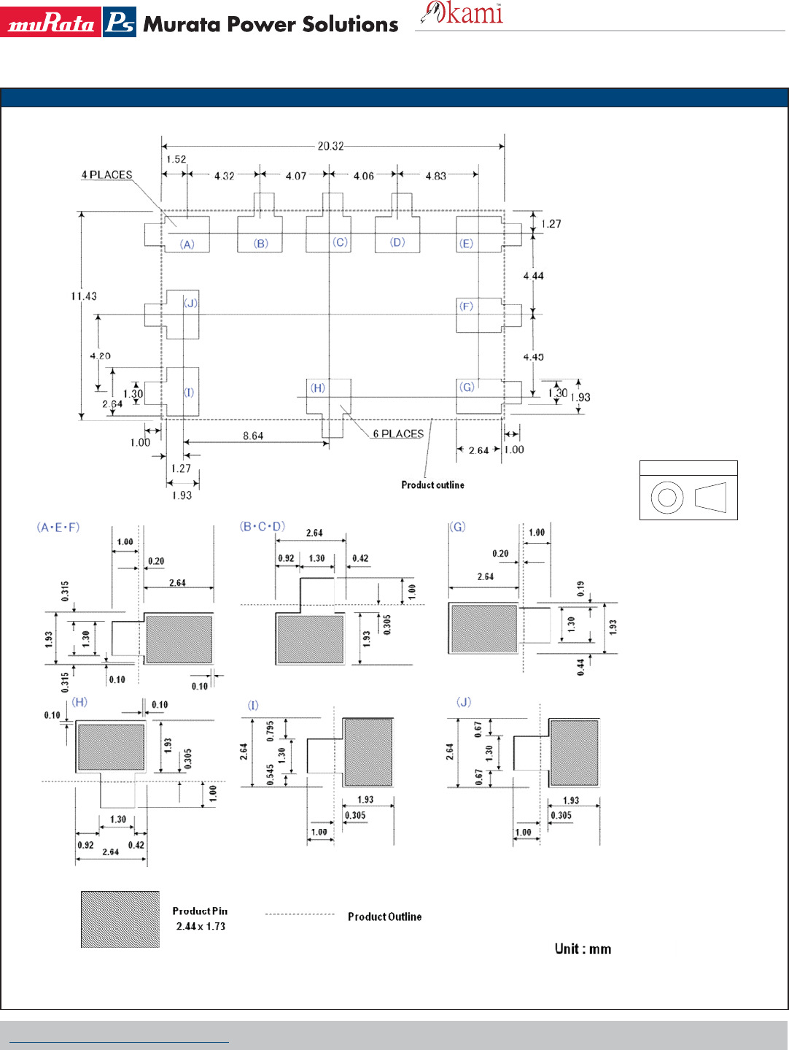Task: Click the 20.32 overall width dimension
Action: coord(330,146)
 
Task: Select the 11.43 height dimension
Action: coord(84,296)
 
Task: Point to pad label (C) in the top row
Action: coord(340,242)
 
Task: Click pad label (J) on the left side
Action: coord(190,303)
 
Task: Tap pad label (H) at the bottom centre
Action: coord(318,388)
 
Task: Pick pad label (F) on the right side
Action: coord(466,306)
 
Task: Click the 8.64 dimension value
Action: coord(253,436)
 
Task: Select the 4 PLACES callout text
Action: coord(106,174)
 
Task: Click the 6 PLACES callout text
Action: coord(398,433)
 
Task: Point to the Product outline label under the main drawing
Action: coord(432,485)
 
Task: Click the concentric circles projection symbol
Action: coord(666,498)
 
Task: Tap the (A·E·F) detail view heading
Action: coord(58,527)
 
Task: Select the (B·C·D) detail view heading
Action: coord(263,526)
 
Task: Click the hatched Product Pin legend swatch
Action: coord(120,919)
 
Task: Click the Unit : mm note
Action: coord(583,949)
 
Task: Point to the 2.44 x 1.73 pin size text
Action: coord(201,926)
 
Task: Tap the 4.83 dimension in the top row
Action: coord(435,176)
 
